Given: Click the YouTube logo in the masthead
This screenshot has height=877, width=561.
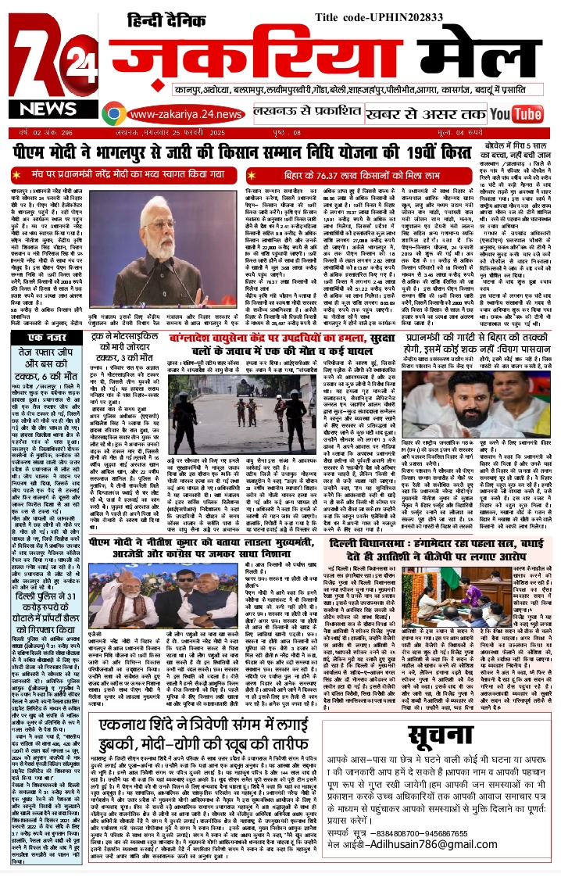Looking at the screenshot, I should (x=516, y=115).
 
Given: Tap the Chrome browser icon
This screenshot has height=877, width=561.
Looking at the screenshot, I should (x=114, y=115).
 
